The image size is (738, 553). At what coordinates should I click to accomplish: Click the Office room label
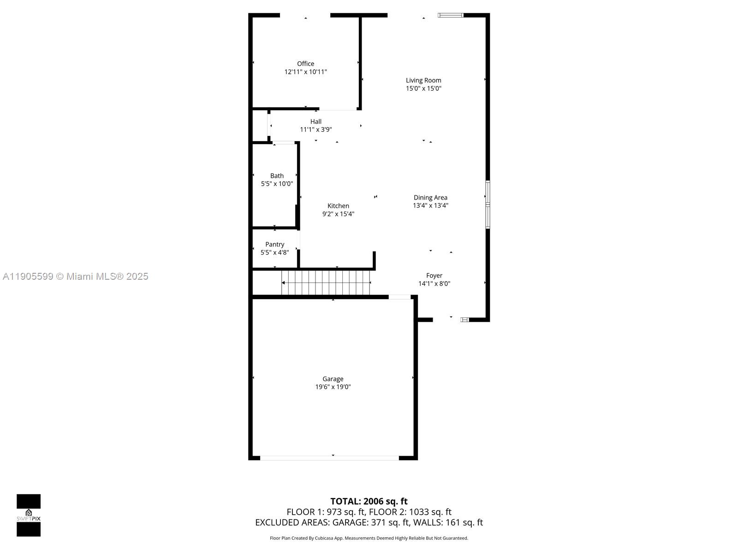click(305, 64)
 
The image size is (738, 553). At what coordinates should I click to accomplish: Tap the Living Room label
click(423, 80)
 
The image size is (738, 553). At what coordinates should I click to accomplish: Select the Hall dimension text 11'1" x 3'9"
click(316, 129)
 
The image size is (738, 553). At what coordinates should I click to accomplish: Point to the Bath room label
click(277, 176)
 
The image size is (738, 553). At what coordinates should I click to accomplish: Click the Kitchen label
click(338, 206)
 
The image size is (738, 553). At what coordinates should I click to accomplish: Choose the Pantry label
click(274, 244)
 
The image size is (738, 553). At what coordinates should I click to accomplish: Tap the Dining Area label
click(430, 198)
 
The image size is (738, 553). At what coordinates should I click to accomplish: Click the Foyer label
click(434, 276)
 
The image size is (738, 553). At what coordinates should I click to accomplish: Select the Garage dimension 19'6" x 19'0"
click(333, 387)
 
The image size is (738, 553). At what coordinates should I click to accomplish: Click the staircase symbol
click(326, 282)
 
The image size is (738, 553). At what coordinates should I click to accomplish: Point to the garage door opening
click(329, 458)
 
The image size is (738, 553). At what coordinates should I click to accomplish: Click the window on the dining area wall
click(488, 205)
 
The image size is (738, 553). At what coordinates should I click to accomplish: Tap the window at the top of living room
click(450, 15)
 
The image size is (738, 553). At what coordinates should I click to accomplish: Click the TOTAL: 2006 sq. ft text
click(369, 501)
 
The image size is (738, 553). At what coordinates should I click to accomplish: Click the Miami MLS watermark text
click(76, 276)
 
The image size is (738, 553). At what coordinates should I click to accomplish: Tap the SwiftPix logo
click(29, 515)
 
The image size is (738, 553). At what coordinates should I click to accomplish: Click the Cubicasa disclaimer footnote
click(369, 538)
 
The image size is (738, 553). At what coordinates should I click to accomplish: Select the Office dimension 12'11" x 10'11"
click(305, 72)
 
